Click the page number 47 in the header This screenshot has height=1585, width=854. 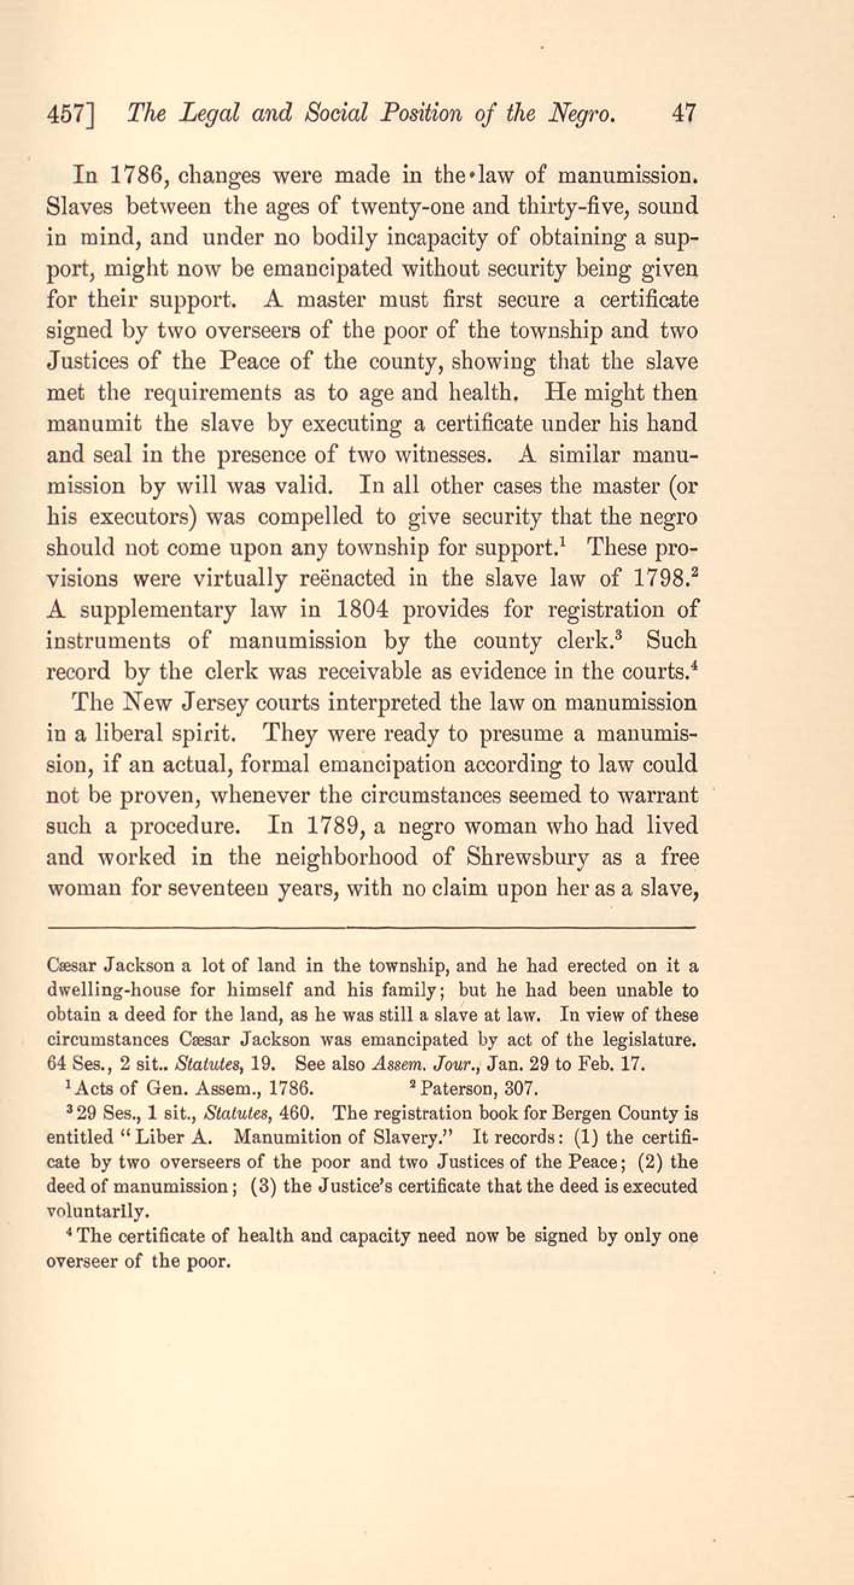pos(685,115)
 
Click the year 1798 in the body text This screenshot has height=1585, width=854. pos(659,579)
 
